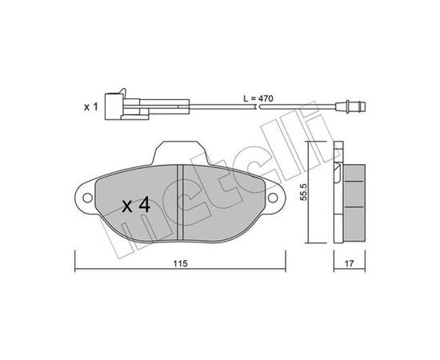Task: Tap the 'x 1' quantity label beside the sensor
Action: [x=91, y=106]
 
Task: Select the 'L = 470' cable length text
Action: [x=258, y=98]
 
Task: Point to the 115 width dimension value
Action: [x=180, y=263]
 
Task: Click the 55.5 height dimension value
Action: [x=303, y=192]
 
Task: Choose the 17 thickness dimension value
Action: [x=349, y=263]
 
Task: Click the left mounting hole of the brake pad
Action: [x=87, y=198]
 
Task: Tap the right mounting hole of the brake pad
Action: [x=273, y=198]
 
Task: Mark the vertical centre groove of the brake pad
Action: [x=180, y=202]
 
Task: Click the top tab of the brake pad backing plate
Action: [x=181, y=153]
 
